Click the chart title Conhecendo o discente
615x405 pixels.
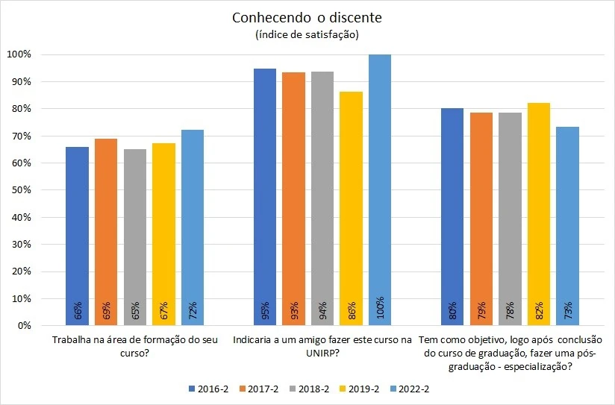pos(307,17)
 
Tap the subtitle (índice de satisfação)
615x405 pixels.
pos(307,34)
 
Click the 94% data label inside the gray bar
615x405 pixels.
pos(323,309)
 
